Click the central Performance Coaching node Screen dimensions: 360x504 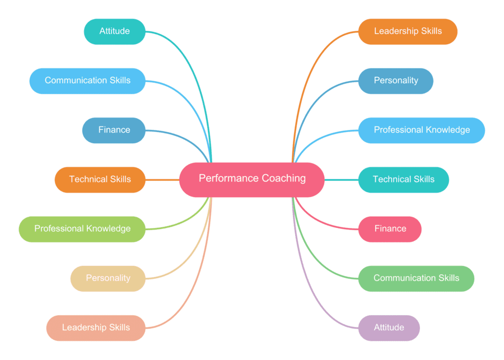[x=252, y=179]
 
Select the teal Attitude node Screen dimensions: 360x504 [x=115, y=31]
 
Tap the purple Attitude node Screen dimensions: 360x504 [x=389, y=328]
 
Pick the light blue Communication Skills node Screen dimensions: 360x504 [x=87, y=81]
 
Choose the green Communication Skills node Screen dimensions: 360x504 [x=416, y=278]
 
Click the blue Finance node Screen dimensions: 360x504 [x=114, y=130]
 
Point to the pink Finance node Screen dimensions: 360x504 [x=390, y=229]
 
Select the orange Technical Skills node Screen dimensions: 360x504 [x=100, y=179]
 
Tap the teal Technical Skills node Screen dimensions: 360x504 [x=403, y=179]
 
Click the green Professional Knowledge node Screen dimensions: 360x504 [x=82, y=229]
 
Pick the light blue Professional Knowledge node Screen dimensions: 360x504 [x=422, y=130]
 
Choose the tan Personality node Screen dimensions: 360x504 [x=108, y=278]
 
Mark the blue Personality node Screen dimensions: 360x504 [x=395, y=81]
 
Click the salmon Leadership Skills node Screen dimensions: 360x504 [x=96, y=328]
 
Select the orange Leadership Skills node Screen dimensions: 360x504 [x=408, y=31]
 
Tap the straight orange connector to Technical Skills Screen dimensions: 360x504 [x=162, y=180]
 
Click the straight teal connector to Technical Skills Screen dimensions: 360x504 [x=341, y=180]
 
